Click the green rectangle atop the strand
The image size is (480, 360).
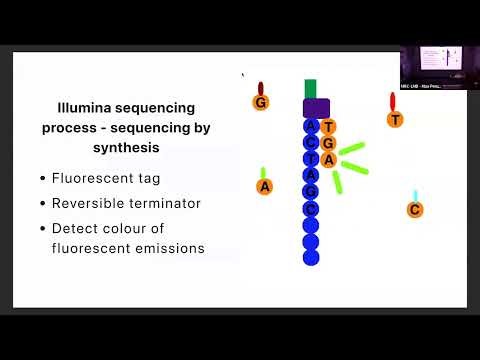[311, 88]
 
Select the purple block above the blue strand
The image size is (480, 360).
[316, 108]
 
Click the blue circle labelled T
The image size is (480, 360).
[311, 159]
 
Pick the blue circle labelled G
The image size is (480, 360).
[311, 192]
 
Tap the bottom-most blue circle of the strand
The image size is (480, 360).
[311, 258]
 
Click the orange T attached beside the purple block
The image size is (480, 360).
[330, 127]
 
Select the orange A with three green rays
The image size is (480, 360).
[329, 160]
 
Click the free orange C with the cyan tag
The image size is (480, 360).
[414, 209]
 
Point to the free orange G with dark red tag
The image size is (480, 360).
[261, 103]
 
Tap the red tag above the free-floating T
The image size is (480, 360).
[392, 101]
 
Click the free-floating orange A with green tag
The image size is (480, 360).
[264, 186]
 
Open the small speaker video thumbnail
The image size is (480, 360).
[439, 68]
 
